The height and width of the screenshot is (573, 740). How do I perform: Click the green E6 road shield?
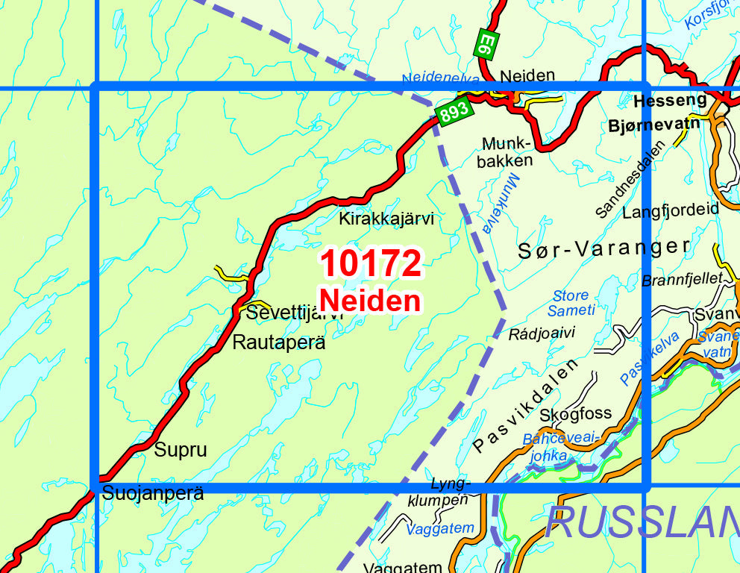click(486, 44)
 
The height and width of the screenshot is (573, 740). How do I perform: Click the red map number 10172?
click(371, 265)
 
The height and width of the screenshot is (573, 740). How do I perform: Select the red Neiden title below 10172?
click(370, 301)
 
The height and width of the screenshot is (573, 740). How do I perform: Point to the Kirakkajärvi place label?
click(386, 219)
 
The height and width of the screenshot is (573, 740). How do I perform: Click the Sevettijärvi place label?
click(294, 313)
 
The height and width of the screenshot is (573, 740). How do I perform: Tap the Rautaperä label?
click(279, 343)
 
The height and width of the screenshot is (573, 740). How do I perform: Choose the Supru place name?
click(180, 450)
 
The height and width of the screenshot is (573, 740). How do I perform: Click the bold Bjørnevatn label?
click(655, 123)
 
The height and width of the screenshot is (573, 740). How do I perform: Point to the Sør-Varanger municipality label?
click(604, 249)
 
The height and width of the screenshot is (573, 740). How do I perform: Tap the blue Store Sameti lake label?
click(571, 303)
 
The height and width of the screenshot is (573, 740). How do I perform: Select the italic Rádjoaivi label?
click(542, 333)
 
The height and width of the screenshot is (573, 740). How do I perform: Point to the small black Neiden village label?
click(528, 75)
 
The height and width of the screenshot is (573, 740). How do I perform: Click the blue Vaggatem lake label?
click(440, 529)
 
